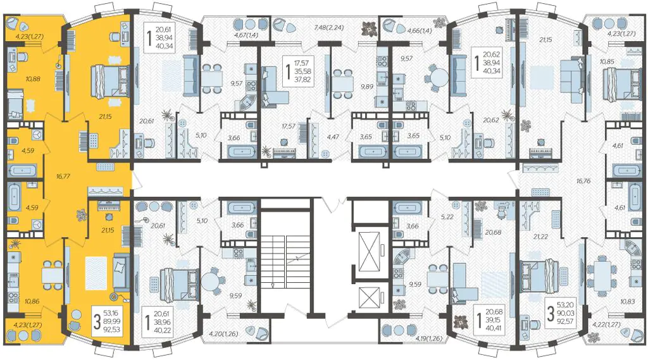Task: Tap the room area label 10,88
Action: tap(33, 79)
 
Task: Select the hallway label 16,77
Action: tap(63, 176)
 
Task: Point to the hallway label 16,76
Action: tap(583, 180)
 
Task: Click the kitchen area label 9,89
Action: tap(366, 87)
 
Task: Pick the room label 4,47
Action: tap(333, 137)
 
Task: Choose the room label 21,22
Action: tap(540, 237)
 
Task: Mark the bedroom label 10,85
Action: tap(607, 61)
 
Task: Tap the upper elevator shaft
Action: tap(370, 251)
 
